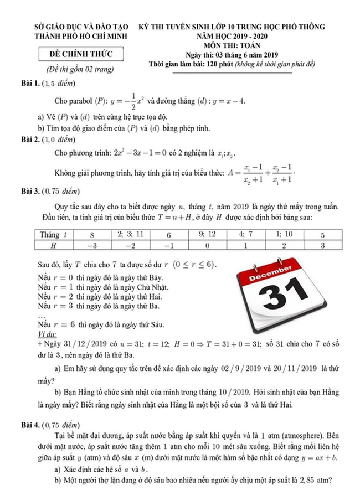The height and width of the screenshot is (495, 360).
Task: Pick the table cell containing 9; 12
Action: coord(207,235)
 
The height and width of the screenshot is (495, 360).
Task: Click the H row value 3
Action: coord(323,245)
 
